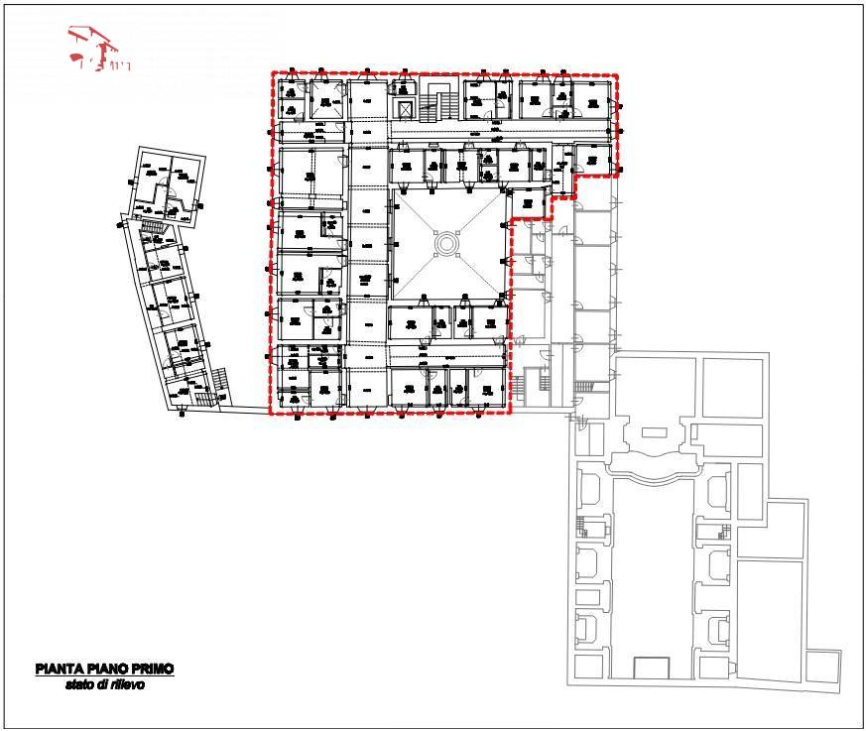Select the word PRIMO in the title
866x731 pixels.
[x=152, y=670]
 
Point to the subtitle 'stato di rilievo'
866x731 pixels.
[x=105, y=684]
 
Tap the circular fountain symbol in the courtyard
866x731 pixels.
[x=446, y=243]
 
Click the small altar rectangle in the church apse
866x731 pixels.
[x=655, y=432]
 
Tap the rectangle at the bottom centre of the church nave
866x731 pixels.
[x=651, y=670]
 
